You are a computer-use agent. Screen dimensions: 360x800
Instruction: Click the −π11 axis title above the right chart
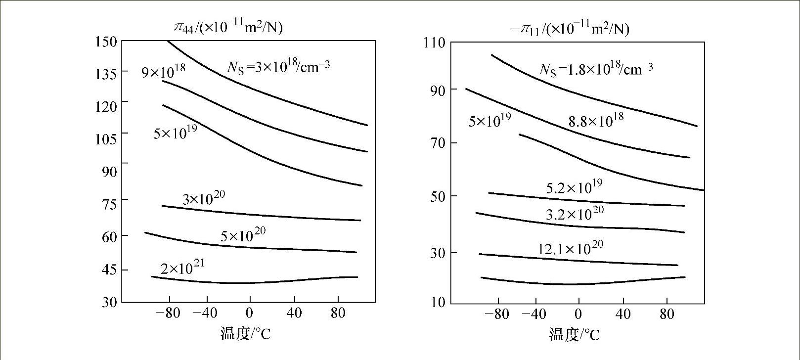point(570,29)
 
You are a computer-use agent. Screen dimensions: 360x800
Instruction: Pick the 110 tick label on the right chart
point(435,43)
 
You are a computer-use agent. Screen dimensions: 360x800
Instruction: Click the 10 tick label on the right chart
point(438,302)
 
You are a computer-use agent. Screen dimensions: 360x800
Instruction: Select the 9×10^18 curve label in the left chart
point(164,71)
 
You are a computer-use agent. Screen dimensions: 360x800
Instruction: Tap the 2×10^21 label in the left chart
point(182,268)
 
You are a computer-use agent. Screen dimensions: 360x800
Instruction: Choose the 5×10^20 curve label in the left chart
point(243,235)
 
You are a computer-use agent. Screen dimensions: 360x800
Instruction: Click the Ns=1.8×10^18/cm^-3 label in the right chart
point(596,69)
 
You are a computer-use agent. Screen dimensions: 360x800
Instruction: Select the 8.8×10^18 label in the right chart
point(596,120)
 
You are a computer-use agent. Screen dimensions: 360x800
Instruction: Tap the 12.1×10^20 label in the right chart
point(571,248)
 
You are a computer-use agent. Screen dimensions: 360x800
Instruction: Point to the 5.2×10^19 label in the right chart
point(574,187)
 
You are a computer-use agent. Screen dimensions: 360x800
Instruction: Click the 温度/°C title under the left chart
point(245,334)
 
